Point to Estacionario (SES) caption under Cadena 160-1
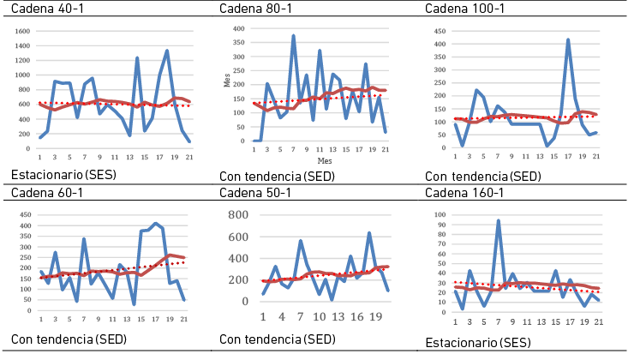tap(478, 342)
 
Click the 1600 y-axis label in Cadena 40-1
tap(23, 31)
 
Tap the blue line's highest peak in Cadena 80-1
tap(293, 36)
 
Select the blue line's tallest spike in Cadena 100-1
tap(568, 39)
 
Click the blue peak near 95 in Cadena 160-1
tap(498, 221)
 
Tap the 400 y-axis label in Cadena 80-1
tap(240, 29)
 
